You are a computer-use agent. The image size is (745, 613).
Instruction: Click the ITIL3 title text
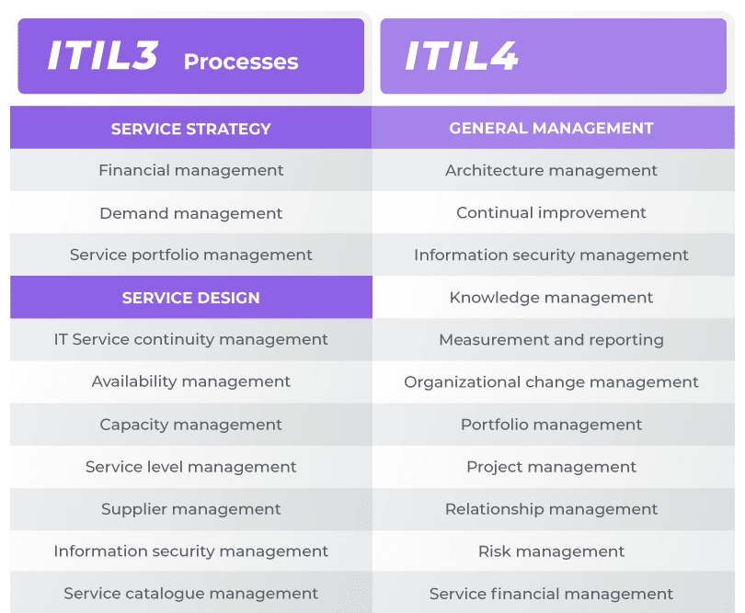[103, 55]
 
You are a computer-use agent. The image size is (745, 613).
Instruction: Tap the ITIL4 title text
[461, 55]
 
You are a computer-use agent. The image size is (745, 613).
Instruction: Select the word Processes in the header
[241, 62]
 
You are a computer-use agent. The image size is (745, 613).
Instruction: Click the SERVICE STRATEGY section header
[191, 129]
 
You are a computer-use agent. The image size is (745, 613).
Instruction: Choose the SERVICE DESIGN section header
[191, 298]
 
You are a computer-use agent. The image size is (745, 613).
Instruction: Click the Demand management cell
[191, 213]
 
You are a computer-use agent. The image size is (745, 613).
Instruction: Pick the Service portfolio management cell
[191, 255]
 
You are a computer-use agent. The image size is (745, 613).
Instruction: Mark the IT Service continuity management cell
[191, 339]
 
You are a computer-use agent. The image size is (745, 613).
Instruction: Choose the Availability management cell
[191, 381]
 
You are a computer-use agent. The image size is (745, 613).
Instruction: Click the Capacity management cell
[191, 425]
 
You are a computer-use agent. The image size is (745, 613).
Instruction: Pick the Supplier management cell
[191, 509]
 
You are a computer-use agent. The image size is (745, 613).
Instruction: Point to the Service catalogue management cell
[191, 594]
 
